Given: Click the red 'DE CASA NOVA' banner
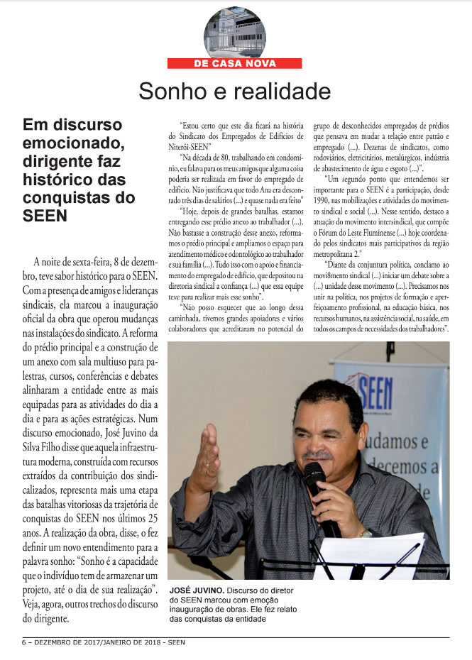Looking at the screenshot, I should click(x=234, y=63).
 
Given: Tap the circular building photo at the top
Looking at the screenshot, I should click(x=234, y=32).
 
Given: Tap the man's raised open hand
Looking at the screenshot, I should click(x=205, y=459).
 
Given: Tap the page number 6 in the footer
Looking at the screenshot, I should click(x=23, y=642).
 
